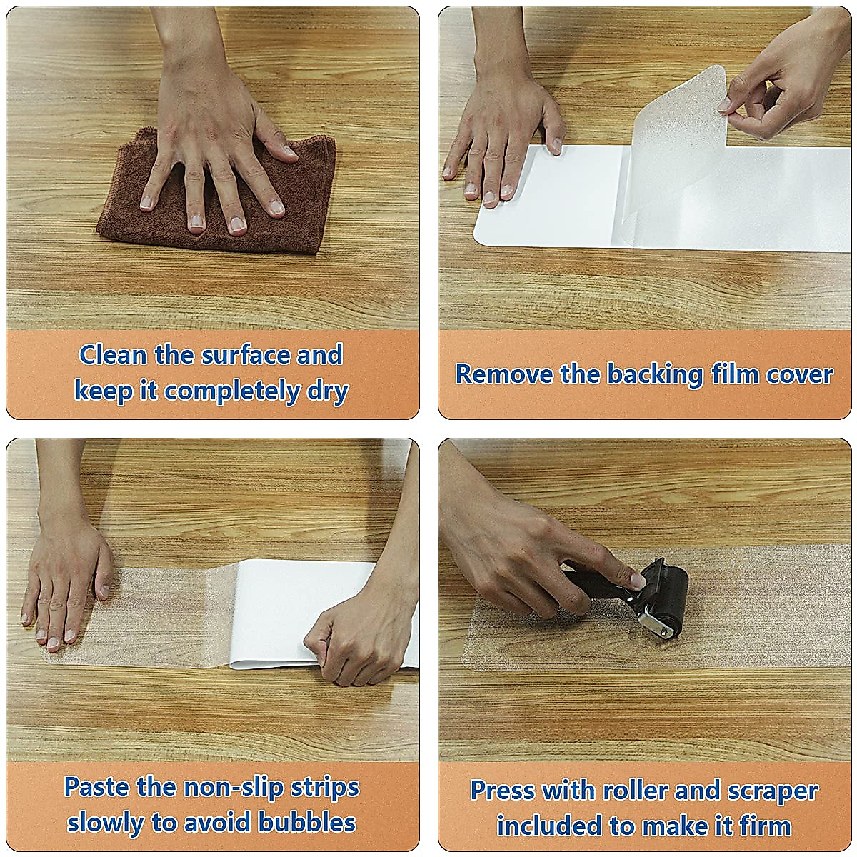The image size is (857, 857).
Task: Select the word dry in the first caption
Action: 327,391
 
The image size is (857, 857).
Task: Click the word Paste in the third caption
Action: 96,787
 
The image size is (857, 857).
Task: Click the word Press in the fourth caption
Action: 502,791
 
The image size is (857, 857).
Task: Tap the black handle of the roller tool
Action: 593,586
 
